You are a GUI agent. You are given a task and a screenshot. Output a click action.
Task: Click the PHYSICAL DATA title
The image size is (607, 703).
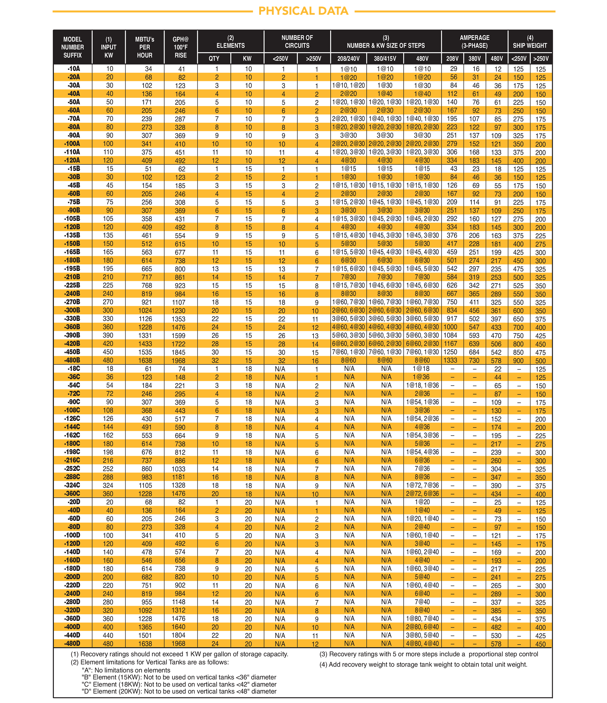coord(303,11)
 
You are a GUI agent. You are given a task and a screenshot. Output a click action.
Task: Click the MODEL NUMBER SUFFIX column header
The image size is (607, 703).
coord(73,47)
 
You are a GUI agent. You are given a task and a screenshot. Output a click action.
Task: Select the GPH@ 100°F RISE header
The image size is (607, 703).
coord(181,47)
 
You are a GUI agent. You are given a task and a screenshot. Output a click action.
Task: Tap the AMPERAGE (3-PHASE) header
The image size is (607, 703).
coord(474,42)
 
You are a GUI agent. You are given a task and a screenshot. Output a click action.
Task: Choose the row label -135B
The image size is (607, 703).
coord(73,235)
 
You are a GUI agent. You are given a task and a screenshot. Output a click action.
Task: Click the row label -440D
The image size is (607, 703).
coord(73,636)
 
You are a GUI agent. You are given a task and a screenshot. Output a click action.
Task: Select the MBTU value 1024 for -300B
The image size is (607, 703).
coord(145,310)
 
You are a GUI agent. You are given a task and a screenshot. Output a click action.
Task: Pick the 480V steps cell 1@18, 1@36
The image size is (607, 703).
coord(422,386)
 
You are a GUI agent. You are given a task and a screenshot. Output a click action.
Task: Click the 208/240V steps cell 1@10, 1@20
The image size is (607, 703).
coord(348,85)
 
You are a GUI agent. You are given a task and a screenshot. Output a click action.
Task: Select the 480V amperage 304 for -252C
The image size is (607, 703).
coord(496,469)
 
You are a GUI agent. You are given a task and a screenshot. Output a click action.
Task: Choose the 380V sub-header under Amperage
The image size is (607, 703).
coord(474,59)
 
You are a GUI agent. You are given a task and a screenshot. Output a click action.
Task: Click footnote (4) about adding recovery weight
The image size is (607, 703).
coord(423,665)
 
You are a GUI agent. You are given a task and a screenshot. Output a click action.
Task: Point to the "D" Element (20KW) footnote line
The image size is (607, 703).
coord(179,691)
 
